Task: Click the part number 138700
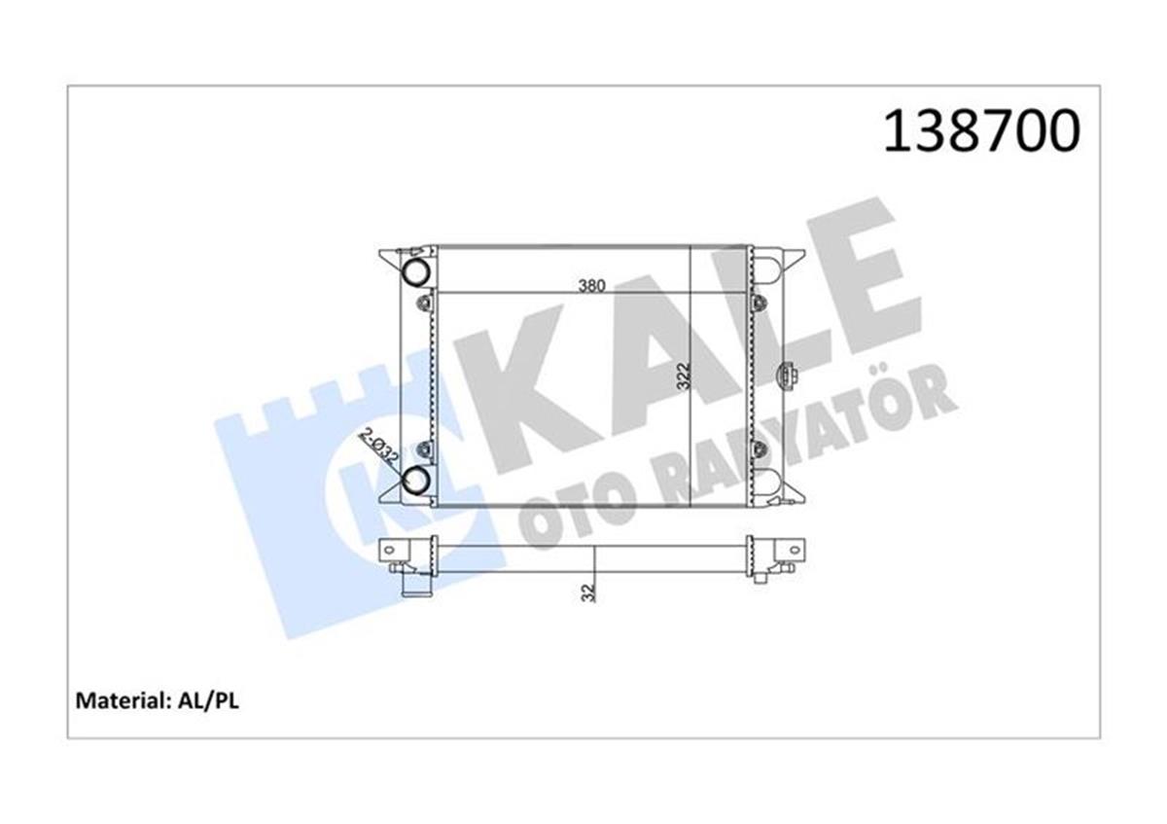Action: click(981, 130)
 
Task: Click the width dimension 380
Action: click(592, 286)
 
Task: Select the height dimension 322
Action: click(684, 376)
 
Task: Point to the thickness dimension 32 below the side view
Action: click(588, 592)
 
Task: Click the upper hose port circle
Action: click(416, 271)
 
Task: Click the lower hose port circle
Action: click(416, 479)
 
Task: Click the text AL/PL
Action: click(208, 701)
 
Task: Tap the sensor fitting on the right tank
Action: click(785, 376)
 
